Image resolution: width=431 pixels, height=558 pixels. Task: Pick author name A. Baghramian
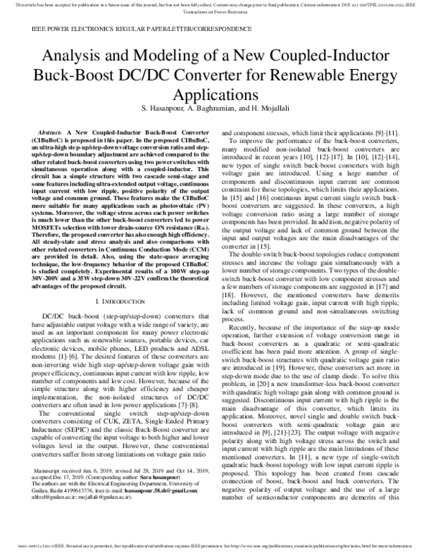coord(221,107)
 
